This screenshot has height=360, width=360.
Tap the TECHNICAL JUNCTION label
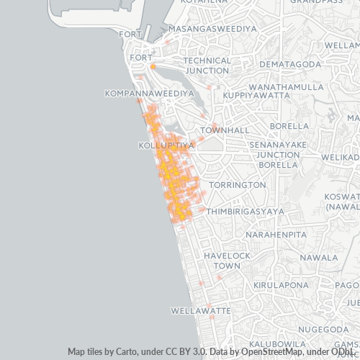207,66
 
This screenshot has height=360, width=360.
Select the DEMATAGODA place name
289,65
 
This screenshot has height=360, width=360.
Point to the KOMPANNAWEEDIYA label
149,94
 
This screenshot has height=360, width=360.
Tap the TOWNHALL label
225,130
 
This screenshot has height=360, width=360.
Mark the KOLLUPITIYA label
166,145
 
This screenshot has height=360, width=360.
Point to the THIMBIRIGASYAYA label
245,212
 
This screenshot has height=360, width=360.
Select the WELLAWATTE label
201,311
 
